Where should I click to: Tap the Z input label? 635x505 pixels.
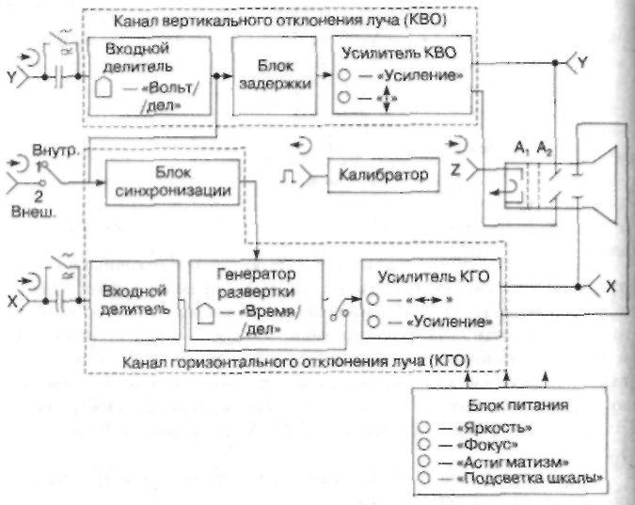pyautogui.click(x=454, y=171)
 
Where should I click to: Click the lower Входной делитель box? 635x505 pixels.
pyautogui.click(x=133, y=297)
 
